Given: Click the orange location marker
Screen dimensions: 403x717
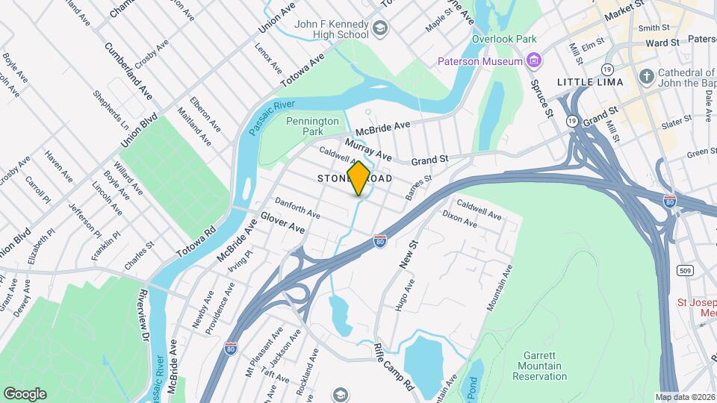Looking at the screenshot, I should point(358,178).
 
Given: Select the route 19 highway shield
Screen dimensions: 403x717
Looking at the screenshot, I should point(571,119).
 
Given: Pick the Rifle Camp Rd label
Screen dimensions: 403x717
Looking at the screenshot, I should point(394,368).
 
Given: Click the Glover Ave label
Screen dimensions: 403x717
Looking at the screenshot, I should point(282,222).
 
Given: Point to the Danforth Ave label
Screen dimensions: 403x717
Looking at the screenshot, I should point(297,208).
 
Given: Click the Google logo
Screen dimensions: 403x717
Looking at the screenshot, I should point(25,393).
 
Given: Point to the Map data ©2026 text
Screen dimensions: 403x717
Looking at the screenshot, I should point(683,397).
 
